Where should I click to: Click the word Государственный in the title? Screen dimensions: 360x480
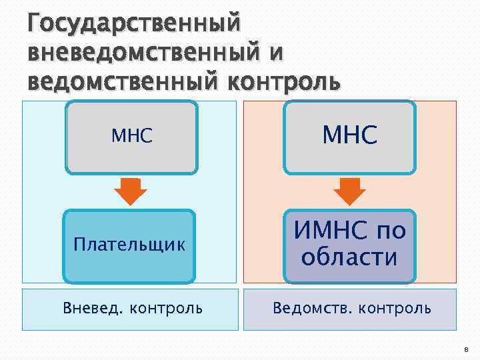133,26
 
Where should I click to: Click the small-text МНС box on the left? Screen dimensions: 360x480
132,137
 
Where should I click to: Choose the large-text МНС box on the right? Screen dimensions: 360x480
350,137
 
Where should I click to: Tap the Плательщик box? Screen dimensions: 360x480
129,245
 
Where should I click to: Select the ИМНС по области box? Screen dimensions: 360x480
350,245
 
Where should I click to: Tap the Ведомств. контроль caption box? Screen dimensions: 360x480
350,309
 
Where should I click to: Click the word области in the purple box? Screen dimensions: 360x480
349,257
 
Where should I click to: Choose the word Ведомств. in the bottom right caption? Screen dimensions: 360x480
312,309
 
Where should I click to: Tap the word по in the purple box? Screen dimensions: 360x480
391,232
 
